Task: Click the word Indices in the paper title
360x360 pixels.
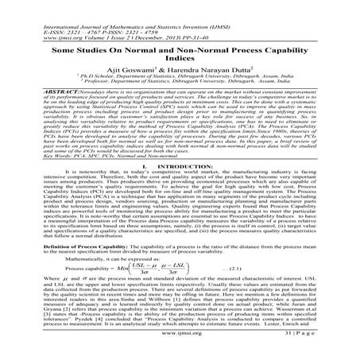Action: click(180, 58)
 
